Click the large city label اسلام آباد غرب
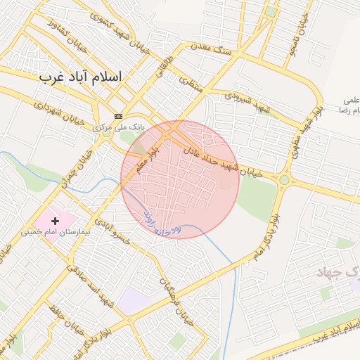pos(80,75)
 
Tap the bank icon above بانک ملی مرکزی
pos(118,116)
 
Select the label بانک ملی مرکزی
pos(119,128)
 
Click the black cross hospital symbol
pos(56,221)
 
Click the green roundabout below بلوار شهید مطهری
pos(284,180)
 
